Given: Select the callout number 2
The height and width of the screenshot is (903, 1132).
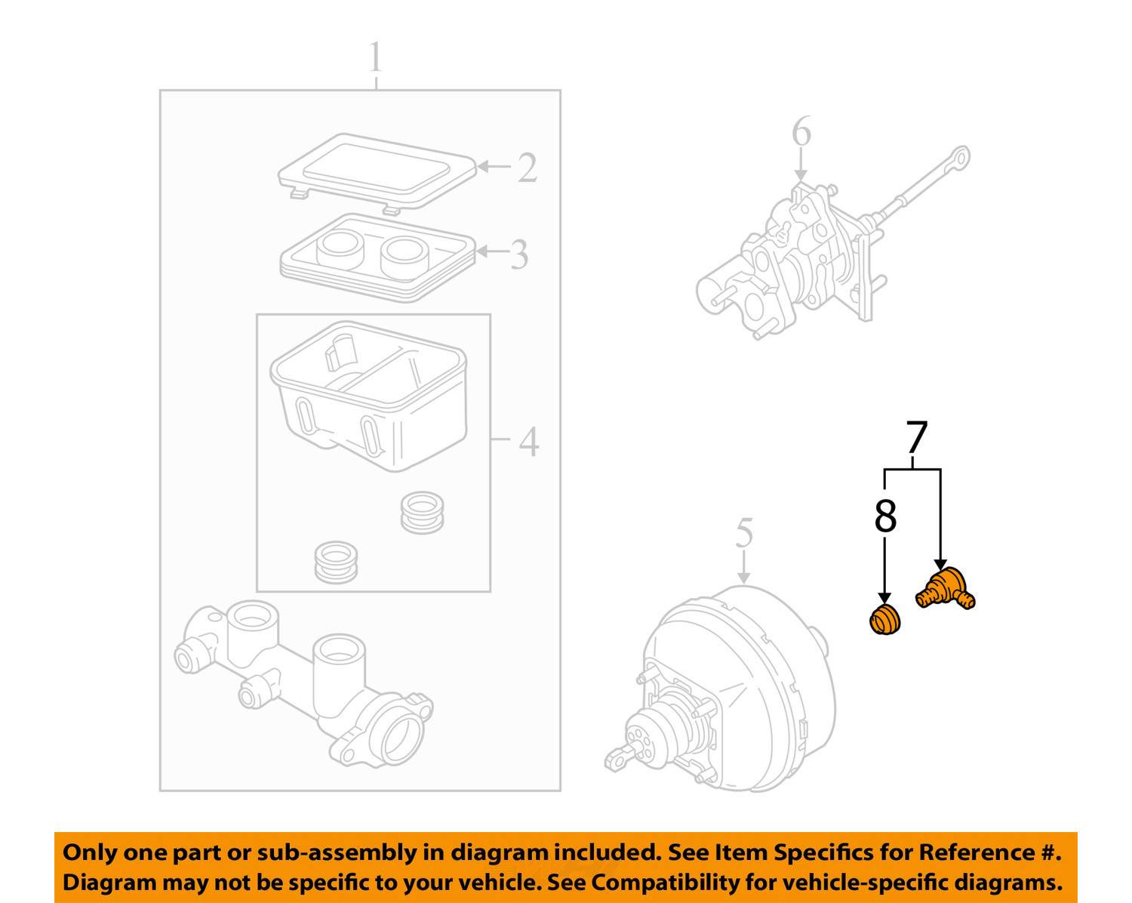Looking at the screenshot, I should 527,168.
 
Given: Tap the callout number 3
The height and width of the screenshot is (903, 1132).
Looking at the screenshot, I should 518,254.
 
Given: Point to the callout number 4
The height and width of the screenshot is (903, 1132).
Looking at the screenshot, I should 528,442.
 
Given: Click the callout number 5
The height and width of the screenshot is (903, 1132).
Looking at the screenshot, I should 744,533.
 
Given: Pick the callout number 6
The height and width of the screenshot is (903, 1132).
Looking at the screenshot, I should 801,132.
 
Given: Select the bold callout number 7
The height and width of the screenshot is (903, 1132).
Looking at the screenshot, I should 915,437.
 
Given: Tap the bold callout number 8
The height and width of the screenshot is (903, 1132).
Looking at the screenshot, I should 885,516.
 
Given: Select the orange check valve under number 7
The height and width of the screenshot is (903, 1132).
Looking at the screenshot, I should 945,588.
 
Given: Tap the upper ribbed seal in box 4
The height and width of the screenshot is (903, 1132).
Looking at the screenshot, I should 421,512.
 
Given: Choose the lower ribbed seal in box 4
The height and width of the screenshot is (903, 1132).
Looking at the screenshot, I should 336,561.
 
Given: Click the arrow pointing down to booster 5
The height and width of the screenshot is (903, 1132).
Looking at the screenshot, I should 744,566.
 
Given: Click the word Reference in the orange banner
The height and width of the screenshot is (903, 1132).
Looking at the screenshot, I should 977,852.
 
